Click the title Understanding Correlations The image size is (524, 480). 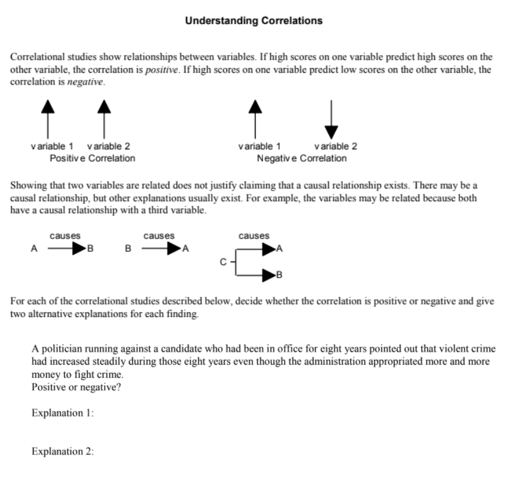click(253, 21)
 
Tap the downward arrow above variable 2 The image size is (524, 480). click(332, 118)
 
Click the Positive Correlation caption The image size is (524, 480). click(92, 158)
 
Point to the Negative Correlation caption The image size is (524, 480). click(302, 158)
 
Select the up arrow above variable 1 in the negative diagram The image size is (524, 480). click(255, 118)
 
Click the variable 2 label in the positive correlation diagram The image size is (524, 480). click(108, 146)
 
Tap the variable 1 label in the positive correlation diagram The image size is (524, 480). click(52, 146)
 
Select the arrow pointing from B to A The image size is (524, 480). click(162, 249)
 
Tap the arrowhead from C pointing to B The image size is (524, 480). click(269, 274)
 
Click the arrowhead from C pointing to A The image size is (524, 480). click(269, 249)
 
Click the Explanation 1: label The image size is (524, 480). click(63, 413)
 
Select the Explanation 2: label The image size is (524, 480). click(63, 451)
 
